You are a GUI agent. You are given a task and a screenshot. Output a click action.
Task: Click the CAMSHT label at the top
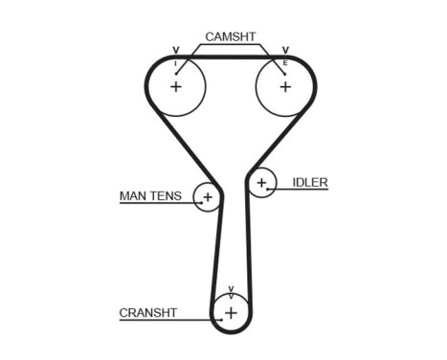230,36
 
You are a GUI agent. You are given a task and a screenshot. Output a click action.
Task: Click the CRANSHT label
148,312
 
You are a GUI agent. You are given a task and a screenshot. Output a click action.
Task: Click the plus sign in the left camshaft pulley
176,86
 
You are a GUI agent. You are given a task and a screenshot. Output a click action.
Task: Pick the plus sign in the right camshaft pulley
284,86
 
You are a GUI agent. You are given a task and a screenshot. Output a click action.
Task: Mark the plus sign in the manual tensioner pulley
207,197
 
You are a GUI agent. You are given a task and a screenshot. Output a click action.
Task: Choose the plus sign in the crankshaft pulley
231,311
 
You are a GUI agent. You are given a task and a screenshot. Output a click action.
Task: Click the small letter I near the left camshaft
175,63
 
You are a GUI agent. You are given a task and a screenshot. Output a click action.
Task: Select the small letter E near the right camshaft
284,63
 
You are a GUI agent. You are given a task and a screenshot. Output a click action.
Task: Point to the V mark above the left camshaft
175,49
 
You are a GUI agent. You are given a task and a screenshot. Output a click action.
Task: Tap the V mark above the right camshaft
284,49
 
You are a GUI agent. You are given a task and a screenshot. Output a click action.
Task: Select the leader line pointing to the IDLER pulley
302,190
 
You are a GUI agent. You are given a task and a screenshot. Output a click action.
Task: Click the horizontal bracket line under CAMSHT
230,45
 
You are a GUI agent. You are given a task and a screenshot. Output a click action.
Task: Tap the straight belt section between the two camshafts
230,57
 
